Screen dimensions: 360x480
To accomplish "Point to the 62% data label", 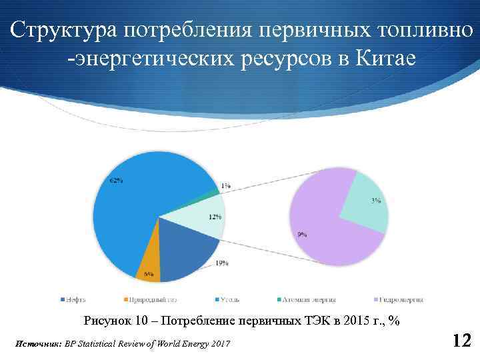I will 115,180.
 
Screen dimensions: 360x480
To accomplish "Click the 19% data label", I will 222,263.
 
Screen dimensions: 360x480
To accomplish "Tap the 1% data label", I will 226,187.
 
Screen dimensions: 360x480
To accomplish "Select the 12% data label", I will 215,217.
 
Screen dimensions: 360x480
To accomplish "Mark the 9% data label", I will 302,234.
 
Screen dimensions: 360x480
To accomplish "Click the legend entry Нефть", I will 73,299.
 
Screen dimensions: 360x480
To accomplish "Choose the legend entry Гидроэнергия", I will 399,299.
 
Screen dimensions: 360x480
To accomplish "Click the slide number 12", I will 461,341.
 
